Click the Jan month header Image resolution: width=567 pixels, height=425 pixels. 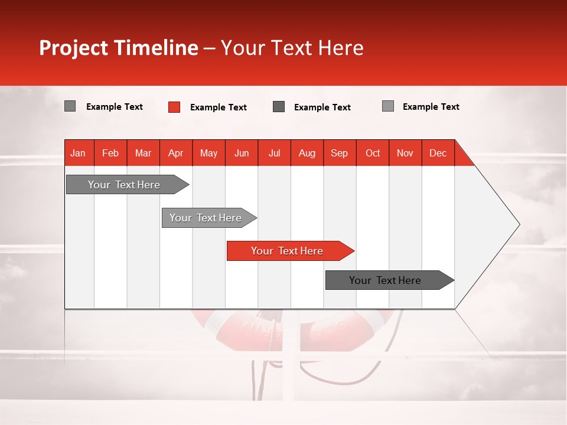[78, 153]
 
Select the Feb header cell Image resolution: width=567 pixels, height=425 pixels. [110, 153]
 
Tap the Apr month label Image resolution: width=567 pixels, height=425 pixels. [175, 153]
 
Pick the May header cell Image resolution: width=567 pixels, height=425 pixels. [208, 153]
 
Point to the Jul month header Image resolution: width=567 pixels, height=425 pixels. [274, 153]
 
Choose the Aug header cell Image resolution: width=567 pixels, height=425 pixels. [307, 153]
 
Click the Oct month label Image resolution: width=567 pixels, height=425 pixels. [373, 153]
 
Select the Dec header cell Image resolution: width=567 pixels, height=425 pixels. [438, 153]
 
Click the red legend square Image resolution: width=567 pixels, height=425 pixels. [174, 107]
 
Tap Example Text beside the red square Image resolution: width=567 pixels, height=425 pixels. [218, 107]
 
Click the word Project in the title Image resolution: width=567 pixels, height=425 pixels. [73, 48]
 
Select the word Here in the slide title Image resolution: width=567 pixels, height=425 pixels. [341, 48]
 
